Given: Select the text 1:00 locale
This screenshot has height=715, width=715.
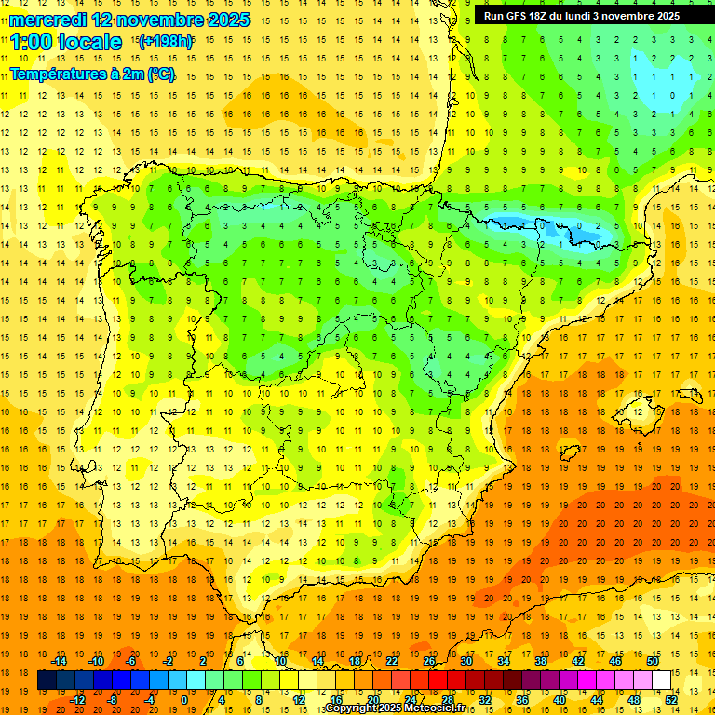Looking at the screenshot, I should (66, 42).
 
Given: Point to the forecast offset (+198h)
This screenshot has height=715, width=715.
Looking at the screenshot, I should (166, 42).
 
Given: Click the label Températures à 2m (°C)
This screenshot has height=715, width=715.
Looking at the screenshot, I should (92, 74).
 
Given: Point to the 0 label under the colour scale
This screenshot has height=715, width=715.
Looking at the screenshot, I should (184, 699).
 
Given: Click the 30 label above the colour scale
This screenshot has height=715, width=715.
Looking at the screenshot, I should (465, 661).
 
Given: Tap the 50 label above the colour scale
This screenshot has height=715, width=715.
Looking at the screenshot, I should (652, 661).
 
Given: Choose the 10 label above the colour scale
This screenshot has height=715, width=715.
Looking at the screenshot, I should (279, 661).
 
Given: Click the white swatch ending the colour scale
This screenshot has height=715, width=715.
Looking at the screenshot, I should (662, 681).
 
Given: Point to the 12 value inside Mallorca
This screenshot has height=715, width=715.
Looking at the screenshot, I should (639, 412).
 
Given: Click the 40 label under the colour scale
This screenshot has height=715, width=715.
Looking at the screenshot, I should (559, 699).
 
